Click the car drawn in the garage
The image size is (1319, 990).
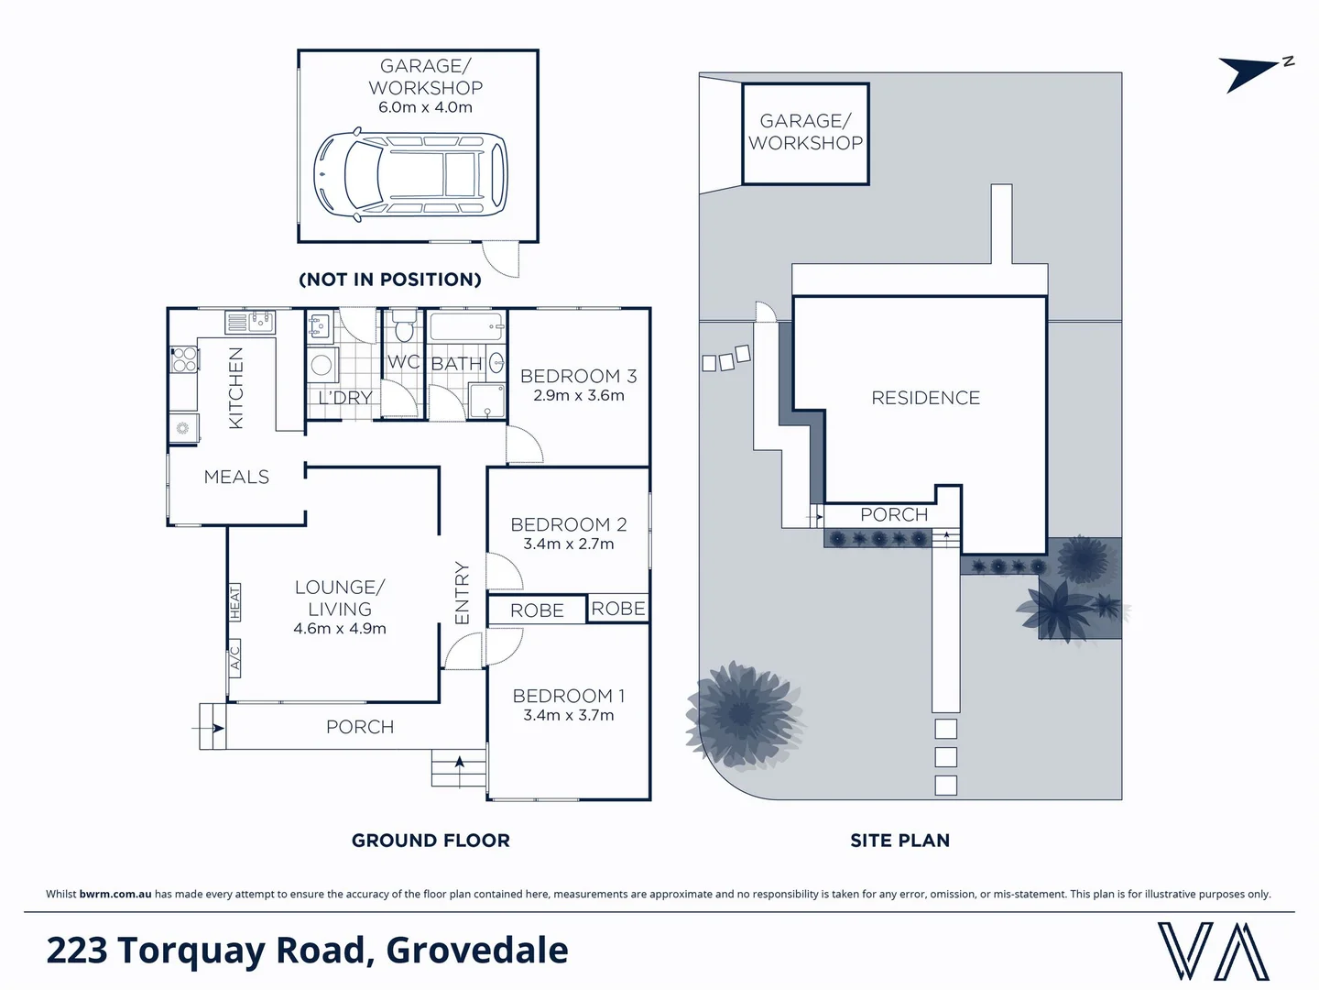click(409, 176)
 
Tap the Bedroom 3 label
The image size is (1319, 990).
click(578, 376)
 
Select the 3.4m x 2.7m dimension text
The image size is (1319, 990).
click(568, 544)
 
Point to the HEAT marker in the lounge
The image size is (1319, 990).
click(234, 602)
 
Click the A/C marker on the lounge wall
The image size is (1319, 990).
click(234, 658)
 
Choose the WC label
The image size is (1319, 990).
click(403, 362)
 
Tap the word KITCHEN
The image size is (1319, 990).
click(235, 388)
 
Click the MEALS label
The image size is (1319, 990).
click(236, 477)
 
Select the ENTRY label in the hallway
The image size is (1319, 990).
click(462, 593)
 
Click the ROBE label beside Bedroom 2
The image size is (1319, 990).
click(617, 609)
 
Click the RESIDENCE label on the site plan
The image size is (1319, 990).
click(925, 398)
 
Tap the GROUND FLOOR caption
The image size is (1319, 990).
click(431, 840)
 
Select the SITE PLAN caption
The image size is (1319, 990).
click(899, 840)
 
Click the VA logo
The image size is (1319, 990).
click(1213, 951)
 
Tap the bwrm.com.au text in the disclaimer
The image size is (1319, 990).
click(115, 894)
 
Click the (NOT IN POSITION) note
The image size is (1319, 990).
click(390, 280)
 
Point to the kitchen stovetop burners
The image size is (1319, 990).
click(184, 359)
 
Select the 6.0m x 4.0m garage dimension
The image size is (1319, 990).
click(425, 107)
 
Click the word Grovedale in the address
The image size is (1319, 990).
click(476, 951)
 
